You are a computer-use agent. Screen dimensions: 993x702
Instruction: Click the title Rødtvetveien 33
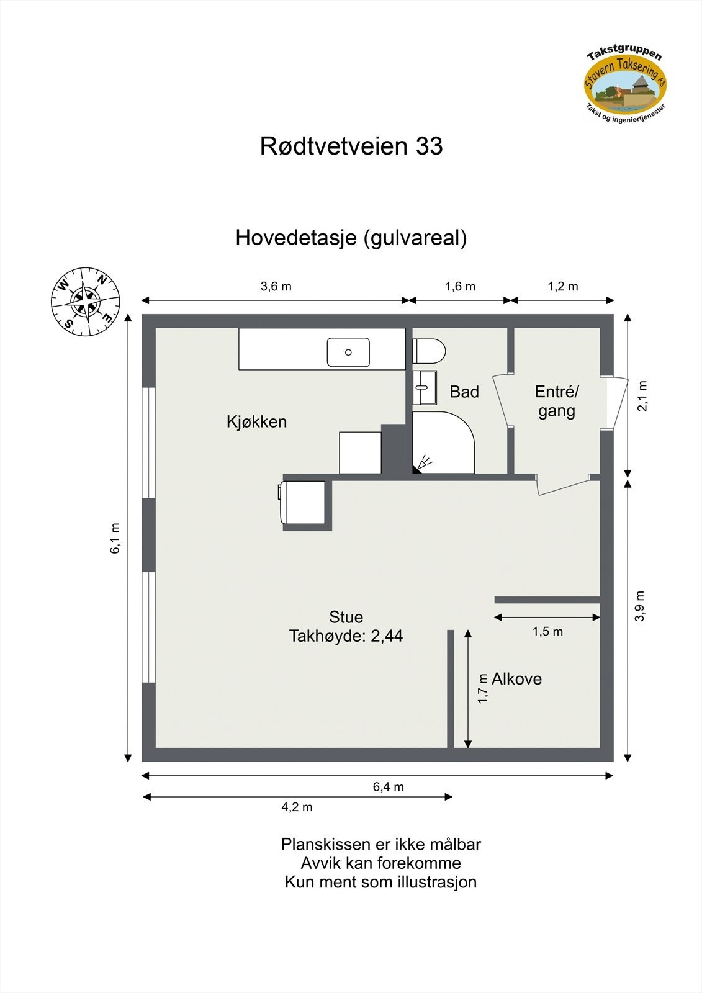click(351, 146)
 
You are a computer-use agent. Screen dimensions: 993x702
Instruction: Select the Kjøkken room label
click(256, 422)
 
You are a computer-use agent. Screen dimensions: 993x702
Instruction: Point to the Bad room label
click(464, 392)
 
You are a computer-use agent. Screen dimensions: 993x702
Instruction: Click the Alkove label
click(516, 679)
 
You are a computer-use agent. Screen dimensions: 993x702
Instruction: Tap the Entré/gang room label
click(557, 401)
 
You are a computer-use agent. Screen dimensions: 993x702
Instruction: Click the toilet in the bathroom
click(429, 351)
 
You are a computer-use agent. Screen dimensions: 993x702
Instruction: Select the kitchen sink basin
click(348, 352)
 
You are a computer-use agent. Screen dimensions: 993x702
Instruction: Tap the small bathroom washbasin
click(425, 388)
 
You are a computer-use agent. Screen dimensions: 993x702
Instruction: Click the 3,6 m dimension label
click(276, 286)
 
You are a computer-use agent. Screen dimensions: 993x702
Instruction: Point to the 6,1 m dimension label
click(115, 539)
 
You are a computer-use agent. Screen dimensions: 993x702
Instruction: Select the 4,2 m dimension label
click(297, 807)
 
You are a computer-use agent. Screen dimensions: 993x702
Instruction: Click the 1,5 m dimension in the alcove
click(547, 632)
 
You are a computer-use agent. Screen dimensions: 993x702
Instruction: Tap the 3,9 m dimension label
click(641, 606)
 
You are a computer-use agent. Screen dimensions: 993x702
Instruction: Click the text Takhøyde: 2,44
click(346, 636)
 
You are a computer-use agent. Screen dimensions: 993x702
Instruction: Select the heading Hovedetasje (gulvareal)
click(351, 238)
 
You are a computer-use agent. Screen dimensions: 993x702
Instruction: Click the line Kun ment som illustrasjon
click(380, 882)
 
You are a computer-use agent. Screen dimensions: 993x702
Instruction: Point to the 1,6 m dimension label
click(460, 286)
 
